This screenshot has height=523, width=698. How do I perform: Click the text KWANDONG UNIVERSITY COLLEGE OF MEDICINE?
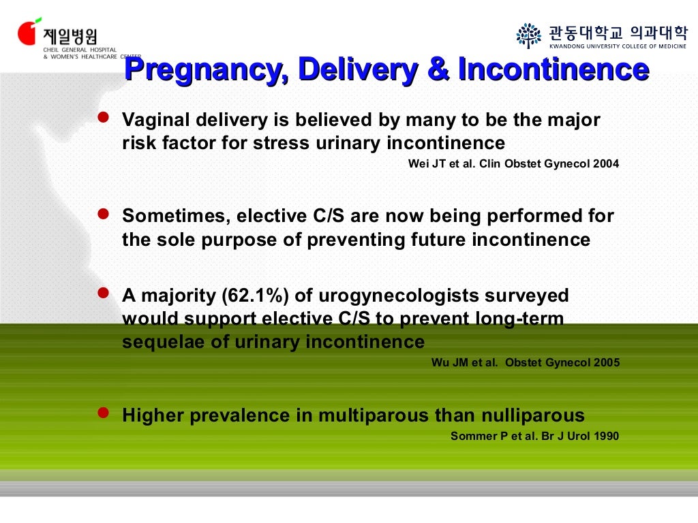618,46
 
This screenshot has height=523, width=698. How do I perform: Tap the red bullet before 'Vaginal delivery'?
104,118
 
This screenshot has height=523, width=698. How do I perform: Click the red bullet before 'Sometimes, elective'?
104,215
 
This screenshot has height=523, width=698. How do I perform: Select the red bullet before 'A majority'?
104,294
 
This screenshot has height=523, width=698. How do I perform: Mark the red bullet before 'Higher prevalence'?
104,413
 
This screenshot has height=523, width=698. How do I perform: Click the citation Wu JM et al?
464,362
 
